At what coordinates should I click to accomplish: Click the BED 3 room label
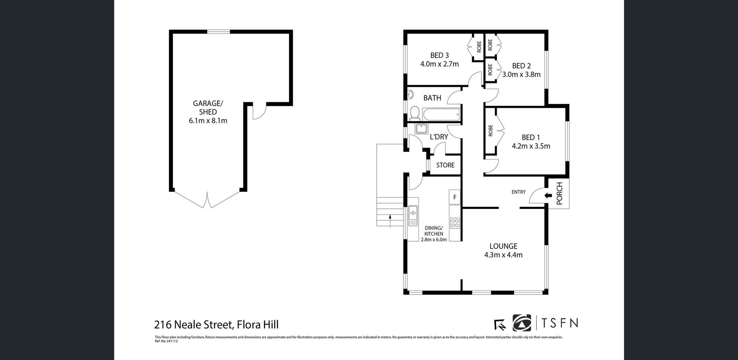pos(439,55)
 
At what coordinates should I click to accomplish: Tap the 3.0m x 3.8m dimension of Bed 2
pos(521,75)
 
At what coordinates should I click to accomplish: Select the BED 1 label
pos(531,138)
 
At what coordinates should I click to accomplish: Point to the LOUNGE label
pos(503,246)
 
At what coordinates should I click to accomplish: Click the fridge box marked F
pos(455,197)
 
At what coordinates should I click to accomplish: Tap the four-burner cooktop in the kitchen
pos(455,223)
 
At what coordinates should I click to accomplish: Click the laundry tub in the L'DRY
pos(421,129)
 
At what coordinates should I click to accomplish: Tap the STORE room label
pos(445,165)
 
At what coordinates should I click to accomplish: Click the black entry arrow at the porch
pos(548,195)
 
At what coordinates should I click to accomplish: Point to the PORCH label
pos(559,194)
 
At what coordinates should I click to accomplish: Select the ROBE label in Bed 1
pos(490,131)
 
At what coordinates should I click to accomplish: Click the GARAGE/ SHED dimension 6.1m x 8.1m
pos(208,121)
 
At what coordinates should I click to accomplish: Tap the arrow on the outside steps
pos(390,220)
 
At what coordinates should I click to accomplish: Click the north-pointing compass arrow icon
pos(500,324)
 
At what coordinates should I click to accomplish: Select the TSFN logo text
pos(559,323)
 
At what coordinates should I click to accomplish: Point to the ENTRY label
pos(518,192)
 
